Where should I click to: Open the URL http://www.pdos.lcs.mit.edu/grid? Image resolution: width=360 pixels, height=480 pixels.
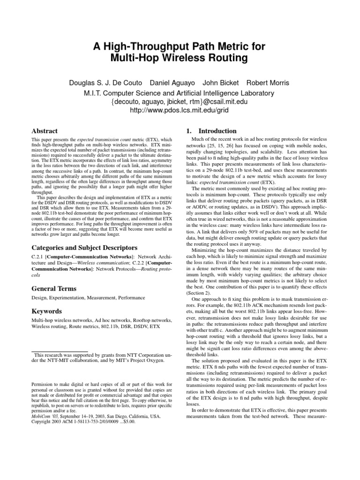pos(180,111)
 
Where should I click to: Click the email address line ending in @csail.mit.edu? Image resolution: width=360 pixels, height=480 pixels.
pos(180,101)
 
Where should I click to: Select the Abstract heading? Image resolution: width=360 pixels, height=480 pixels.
pos(44,131)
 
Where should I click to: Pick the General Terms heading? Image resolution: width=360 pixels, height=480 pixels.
pos(53,289)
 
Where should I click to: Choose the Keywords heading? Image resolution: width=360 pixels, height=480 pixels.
pos(46,311)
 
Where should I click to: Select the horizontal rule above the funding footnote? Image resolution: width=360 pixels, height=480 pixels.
pos(60,352)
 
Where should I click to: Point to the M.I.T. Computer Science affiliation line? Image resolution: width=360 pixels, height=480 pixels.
pos(180,92)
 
